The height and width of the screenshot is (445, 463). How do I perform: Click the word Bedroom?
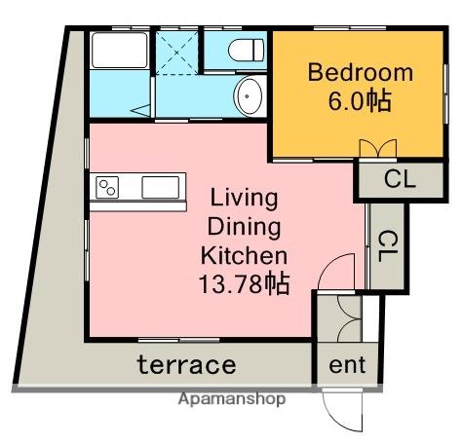(x=361, y=72)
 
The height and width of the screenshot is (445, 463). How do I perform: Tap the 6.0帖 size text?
(x=360, y=101)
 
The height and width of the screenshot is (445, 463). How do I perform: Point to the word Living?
(x=244, y=199)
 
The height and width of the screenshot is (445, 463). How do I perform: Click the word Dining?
(x=244, y=227)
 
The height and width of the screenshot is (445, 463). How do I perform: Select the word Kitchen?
(x=244, y=256)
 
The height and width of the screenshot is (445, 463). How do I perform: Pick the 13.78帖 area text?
(x=244, y=284)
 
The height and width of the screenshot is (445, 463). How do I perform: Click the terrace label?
(x=186, y=365)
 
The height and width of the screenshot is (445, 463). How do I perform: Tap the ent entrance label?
(x=347, y=365)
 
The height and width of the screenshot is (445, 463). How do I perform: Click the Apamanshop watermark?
(x=232, y=399)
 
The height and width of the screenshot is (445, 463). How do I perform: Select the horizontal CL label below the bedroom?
(x=400, y=178)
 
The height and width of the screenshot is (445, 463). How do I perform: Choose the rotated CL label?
(x=388, y=246)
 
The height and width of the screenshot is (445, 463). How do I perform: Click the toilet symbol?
(x=246, y=51)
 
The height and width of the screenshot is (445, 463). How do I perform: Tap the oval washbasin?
(x=248, y=96)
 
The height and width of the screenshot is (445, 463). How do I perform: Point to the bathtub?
(x=119, y=51)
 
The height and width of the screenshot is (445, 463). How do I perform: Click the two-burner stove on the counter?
(x=107, y=188)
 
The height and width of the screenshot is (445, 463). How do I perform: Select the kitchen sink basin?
(x=161, y=187)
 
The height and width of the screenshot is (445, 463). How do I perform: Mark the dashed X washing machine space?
(x=176, y=53)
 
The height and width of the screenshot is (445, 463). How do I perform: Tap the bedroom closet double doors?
(x=378, y=149)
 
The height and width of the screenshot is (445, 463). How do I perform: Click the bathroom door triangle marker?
(x=140, y=110)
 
